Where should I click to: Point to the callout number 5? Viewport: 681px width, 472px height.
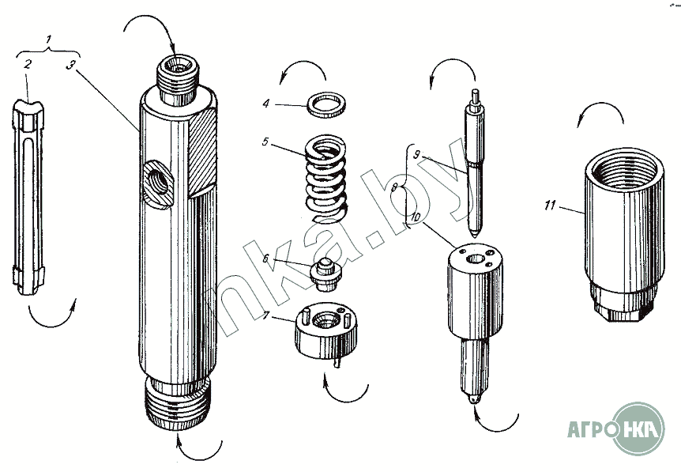pyautogui.click(x=267, y=143)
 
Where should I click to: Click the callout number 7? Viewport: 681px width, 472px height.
pyautogui.click(x=267, y=316)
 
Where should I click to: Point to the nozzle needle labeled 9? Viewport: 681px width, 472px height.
pyautogui.click(x=476, y=166)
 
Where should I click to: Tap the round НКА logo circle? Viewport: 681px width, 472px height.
pyautogui.click(x=639, y=429)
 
